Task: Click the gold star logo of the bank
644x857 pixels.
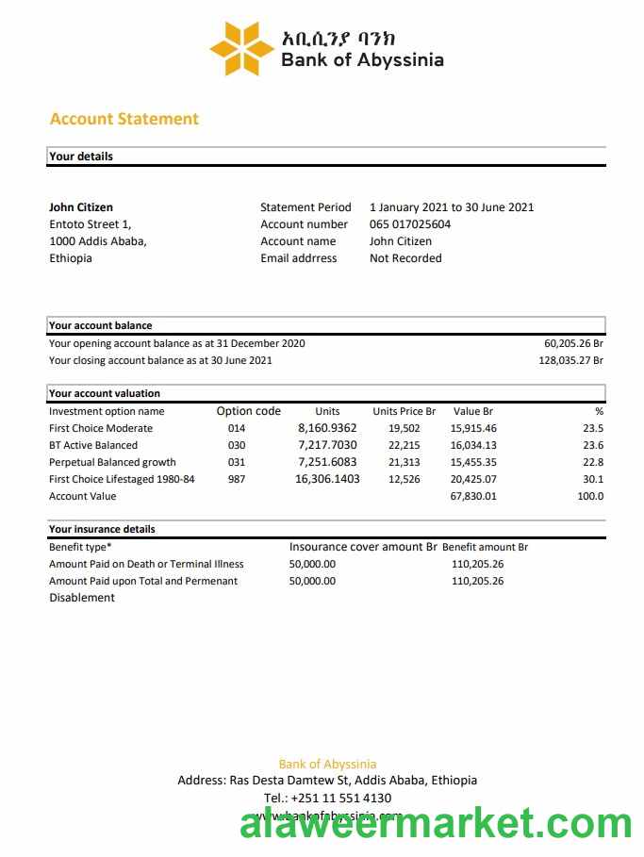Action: (241, 48)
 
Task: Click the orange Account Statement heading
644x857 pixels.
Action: (124, 119)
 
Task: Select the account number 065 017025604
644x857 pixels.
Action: (410, 224)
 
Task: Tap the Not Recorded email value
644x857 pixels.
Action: (405, 258)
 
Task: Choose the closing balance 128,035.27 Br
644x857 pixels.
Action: (570, 360)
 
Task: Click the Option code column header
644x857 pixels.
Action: (249, 411)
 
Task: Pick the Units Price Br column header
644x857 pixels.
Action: (404, 411)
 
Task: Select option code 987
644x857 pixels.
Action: (237, 479)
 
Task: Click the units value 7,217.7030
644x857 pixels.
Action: (327, 445)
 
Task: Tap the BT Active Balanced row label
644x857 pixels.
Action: (93, 445)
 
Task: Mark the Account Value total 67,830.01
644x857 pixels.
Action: (473, 496)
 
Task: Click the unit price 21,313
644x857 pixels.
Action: (405, 462)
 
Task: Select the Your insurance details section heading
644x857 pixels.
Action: (102, 529)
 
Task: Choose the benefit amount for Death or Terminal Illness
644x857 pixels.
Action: (477, 564)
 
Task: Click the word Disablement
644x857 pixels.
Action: (82, 598)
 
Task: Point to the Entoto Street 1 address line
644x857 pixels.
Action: (90, 224)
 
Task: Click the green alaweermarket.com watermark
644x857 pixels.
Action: (436, 825)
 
